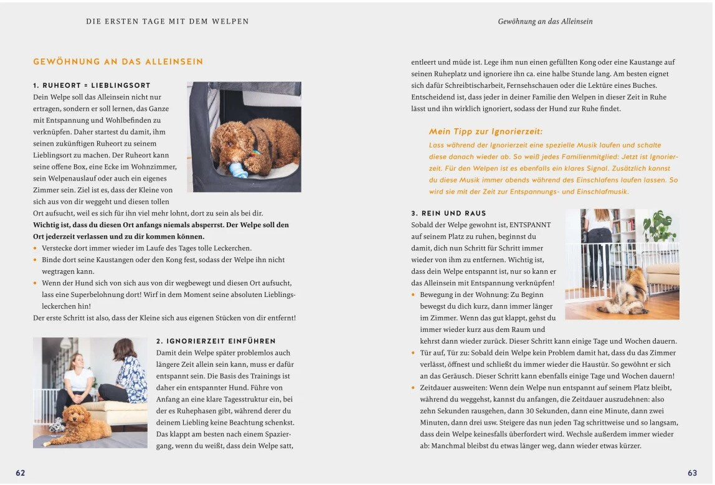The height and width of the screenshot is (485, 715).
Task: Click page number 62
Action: (x=21, y=473)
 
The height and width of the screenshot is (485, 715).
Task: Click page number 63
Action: (x=692, y=473)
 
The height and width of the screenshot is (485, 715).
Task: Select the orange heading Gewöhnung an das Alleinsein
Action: (x=118, y=62)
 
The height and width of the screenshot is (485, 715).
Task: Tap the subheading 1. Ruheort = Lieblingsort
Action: (x=92, y=85)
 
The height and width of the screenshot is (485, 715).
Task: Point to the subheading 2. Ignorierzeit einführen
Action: (x=216, y=341)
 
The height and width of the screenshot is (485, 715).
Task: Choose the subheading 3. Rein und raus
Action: (x=448, y=214)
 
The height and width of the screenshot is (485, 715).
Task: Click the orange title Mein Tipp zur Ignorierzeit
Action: (x=486, y=131)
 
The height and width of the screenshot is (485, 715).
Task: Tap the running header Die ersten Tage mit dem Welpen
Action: (x=168, y=21)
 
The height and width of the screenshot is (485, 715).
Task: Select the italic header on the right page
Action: (x=545, y=21)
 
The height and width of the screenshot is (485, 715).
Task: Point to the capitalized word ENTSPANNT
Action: (x=530, y=225)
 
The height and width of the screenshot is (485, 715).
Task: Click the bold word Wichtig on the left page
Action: (x=48, y=225)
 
